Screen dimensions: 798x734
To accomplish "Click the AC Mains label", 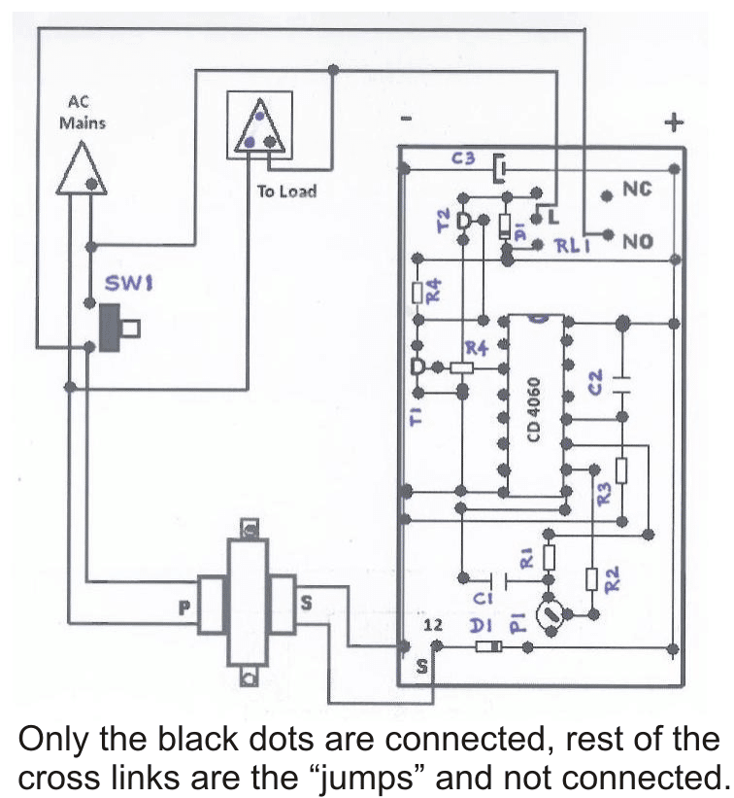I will (x=83, y=113).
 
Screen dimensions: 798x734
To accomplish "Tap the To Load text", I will (x=286, y=191).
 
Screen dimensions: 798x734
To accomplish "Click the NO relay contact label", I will (x=638, y=240).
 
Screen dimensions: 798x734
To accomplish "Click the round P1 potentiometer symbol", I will (x=550, y=613).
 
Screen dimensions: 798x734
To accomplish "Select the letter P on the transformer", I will (x=183, y=607).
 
